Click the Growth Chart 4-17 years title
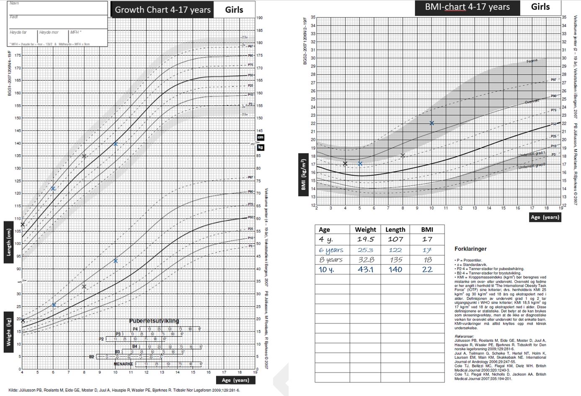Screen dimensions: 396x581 tap(163, 10)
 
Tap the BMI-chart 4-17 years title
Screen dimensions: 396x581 tap(467, 7)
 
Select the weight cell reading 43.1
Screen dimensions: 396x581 tap(365, 269)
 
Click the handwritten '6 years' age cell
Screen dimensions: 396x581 tap(331, 250)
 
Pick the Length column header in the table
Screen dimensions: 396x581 tap(395, 229)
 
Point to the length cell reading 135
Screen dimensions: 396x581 tap(395, 260)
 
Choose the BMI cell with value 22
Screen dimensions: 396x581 tap(427, 269)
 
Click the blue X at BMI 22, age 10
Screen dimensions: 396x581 tap(431, 123)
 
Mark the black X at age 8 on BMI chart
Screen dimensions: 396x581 tap(403, 156)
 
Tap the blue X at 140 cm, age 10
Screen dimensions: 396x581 tap(115, 144)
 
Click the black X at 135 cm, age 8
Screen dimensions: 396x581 tap(84, 156)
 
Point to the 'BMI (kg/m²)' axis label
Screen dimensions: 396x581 tap(303, 175)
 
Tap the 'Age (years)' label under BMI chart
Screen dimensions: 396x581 tap(545, 217)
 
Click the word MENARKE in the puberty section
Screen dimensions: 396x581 tap(124, 364)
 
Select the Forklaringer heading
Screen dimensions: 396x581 tap(470, 249)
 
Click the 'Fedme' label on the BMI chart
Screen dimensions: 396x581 tap(532, 61)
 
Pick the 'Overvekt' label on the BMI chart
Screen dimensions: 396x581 tap(532, 102)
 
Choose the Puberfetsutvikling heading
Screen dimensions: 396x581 tap(154, 321)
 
